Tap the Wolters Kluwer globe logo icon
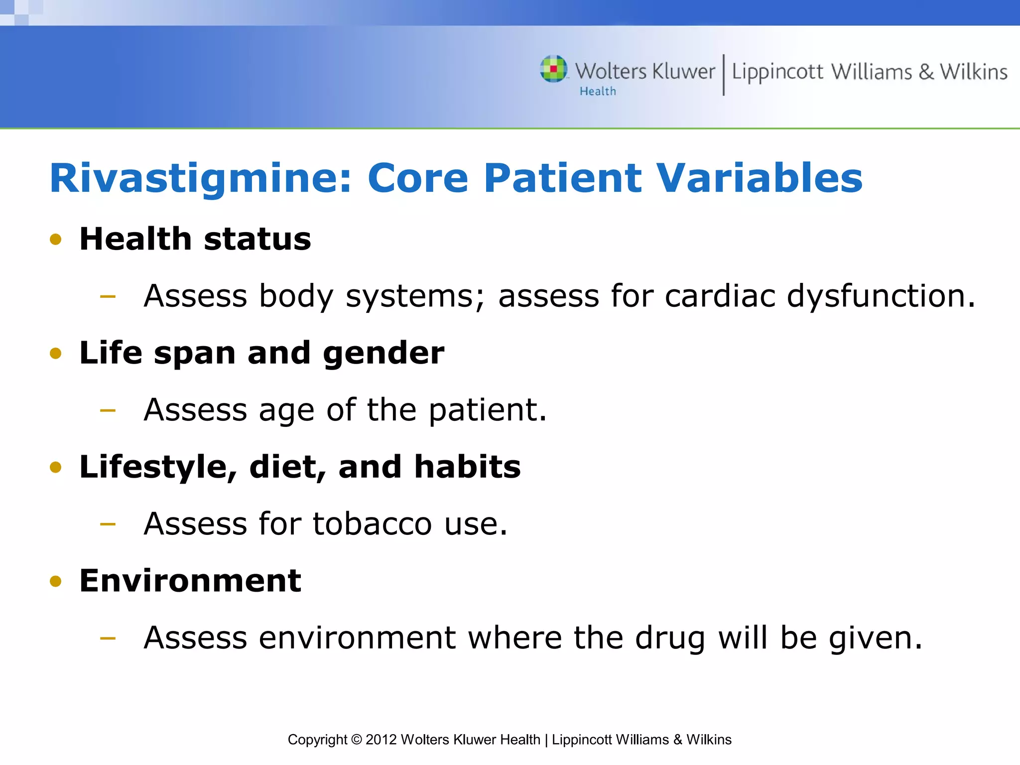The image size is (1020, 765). [553, 69]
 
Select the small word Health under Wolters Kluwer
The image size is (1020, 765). [598, 92]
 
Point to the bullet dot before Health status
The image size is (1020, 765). [56, 240]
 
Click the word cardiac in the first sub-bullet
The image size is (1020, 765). [720, 296]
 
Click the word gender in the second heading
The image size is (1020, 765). [383, 354]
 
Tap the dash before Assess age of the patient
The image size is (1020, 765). [108, 411]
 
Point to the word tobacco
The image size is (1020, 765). [372, 524]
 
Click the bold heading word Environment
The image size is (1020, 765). [190, 581]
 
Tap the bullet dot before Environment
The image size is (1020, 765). [56, 581]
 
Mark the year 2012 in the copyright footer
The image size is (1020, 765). [381, 740]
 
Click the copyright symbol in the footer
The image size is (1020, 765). [356, 740]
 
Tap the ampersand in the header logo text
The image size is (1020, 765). [926, 72]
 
